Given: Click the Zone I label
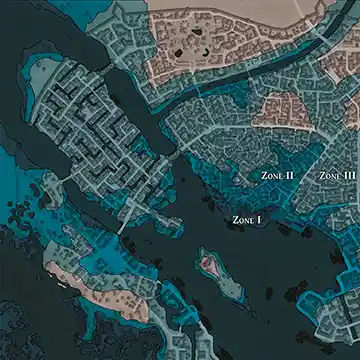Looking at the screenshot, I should point(246,218).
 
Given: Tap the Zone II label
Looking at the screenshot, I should point(276,176).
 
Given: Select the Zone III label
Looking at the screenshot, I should point(337,176).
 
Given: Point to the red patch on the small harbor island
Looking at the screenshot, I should point(208,263).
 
